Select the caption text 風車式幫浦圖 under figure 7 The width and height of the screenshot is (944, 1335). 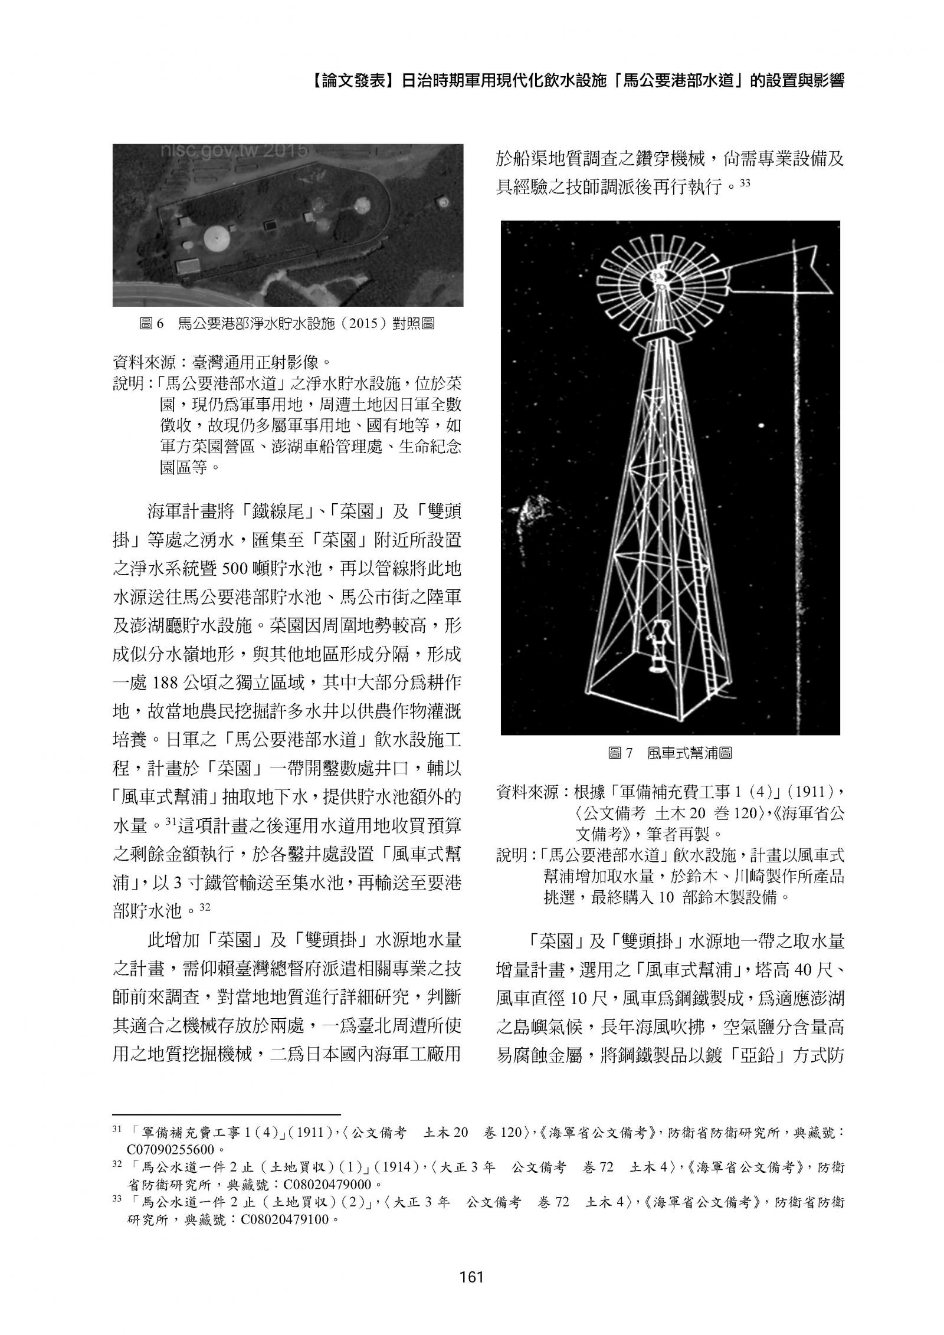click(x=689, y=753)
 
